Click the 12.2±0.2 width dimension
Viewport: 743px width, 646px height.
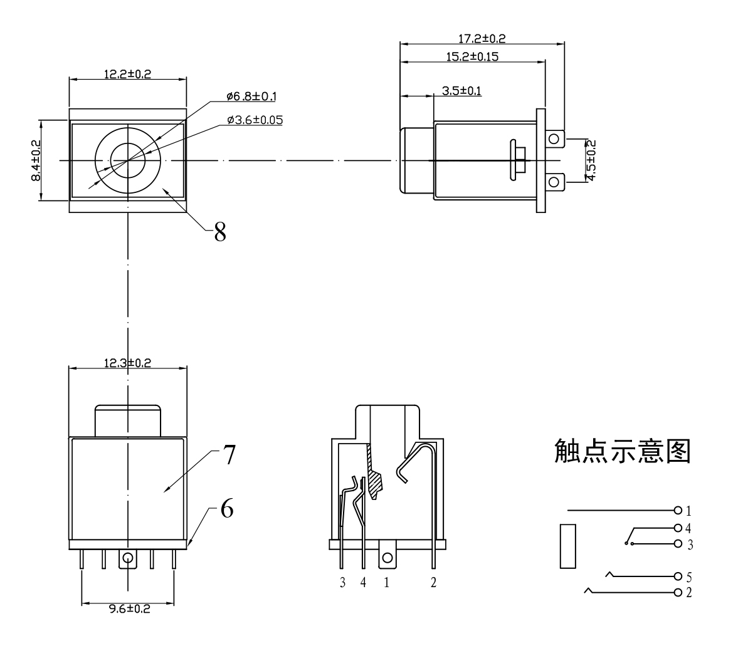(x=127, y=73)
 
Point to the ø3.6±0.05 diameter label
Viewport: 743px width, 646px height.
(x=254, y=119)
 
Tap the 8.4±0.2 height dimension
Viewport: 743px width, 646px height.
(x=36, y=160)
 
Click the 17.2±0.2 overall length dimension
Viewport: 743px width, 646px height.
(x=482, y=38)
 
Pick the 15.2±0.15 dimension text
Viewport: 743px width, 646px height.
(x=472, y=56)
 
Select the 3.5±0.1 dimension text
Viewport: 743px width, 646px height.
(x=461, y=91)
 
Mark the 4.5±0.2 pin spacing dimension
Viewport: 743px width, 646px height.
(x=590, y=160)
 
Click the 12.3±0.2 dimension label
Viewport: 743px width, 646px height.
(x=127, y=362)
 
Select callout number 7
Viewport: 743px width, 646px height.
(x=227, y=456)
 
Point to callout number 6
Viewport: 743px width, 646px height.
(x=226, y=509)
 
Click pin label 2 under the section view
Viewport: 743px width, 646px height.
(x=433, y=583)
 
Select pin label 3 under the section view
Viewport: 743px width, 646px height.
(x=342, y=583)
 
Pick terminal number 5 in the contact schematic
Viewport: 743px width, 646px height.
(x=690, y=576)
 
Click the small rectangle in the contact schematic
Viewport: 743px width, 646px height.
(x=567, y=546)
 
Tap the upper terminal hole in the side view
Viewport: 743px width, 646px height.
(x=553, y=138)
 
